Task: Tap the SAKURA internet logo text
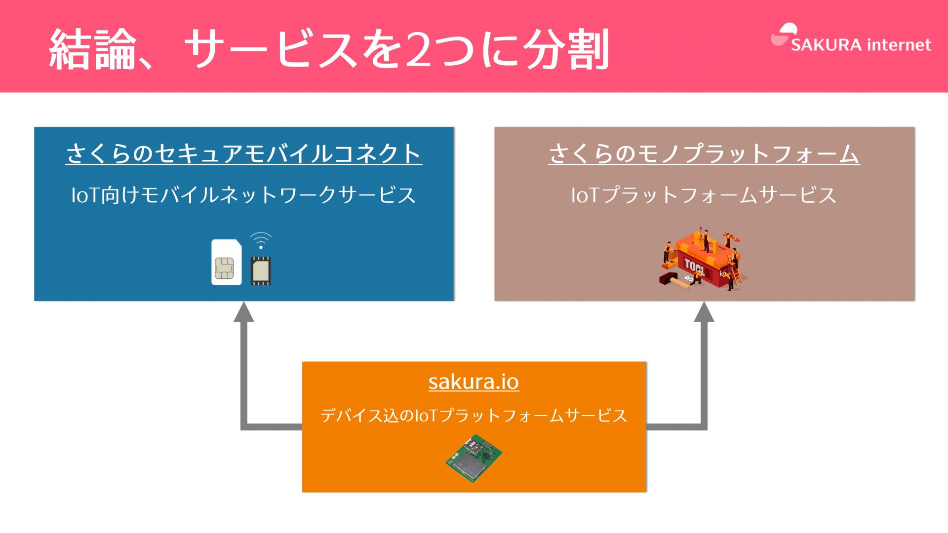pos(861,45)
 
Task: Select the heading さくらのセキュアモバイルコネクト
pos(243,153)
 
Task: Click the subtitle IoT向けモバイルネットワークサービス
pos(243,195)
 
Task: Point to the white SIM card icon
pos(227,262)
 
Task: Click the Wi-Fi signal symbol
pos(261,240)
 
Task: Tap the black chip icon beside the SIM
pos(261,270)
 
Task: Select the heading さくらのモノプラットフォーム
pos(704,153)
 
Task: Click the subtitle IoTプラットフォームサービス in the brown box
pos(704,195)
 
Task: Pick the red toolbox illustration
pos(703,260)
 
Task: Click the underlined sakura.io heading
pos(474,381)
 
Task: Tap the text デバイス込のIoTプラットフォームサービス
pos(474,415)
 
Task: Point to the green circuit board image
pos(474,458)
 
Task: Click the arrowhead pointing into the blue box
pos(244,312)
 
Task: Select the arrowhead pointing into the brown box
pos(704,312)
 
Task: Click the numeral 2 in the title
pos(419,49)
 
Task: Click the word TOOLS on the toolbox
pos(695,267)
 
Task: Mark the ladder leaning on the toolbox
pos(736,275)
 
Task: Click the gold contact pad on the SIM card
pos(224,268)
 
